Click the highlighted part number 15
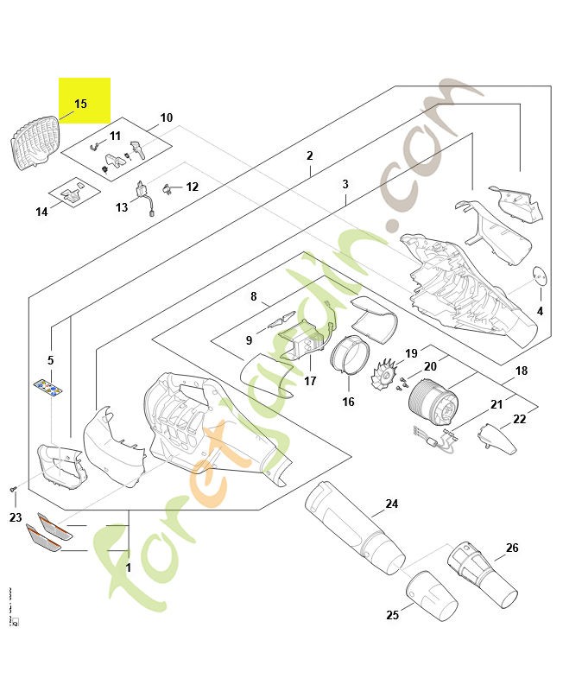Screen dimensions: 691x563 coord(80,104)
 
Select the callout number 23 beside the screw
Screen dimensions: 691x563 coord(15,518)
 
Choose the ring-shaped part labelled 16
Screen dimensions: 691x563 coord(350,355)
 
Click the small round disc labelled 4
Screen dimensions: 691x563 coord(539,276)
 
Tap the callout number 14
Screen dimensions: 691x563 coord(41,212)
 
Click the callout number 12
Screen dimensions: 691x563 coord(192,187)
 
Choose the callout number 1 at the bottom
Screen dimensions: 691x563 coord(129,568)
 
